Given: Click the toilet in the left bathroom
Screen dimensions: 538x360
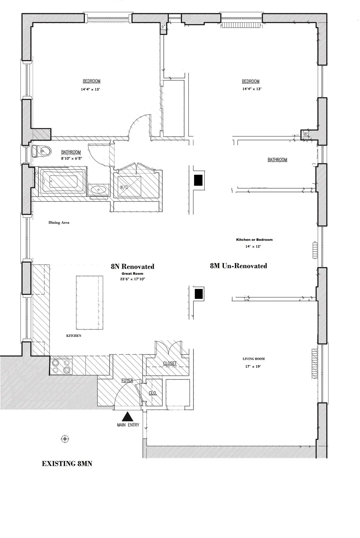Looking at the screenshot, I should click(41, 151).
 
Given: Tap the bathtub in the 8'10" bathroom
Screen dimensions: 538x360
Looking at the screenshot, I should click(63, 181).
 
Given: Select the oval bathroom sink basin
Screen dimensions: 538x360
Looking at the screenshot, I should click(99, 190).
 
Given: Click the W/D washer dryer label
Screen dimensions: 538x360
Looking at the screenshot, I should click(124, 187).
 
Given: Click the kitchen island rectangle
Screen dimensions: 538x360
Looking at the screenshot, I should click(90, 303).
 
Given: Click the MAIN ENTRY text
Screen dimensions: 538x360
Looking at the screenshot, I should click(128, 425).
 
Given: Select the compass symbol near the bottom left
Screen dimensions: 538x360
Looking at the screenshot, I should click(65, 439).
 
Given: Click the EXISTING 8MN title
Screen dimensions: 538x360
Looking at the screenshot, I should click(67, 464).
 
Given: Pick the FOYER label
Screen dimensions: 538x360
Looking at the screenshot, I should click(127, 380).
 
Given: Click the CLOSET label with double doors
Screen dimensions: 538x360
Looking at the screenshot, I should click(170, 363).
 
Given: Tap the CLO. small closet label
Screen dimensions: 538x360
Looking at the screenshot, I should click(153, 393).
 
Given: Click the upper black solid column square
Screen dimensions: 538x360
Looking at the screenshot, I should click(198, 180).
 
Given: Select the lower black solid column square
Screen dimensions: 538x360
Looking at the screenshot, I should click(199, 294).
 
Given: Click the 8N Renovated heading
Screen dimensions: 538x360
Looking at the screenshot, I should click(132, 266).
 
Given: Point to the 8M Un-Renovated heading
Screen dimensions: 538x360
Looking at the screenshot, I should click(238, 266).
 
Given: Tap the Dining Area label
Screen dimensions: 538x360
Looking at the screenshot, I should click(59, 223).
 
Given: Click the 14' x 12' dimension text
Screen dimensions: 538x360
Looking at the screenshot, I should click(253, 246).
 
